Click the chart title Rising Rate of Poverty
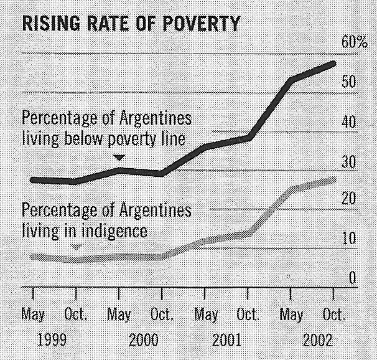(x=131, y=24)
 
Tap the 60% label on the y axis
(x=355, y=42)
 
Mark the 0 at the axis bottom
(x=351, y=277)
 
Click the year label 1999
(x=53, y=341)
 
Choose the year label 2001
(x=228, y=341)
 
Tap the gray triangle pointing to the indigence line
(x=76, y=247)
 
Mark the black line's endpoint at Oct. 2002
(x=334, y=64)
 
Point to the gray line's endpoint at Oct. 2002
(x=334, y=180)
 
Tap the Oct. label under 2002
(x=334, y=315)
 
